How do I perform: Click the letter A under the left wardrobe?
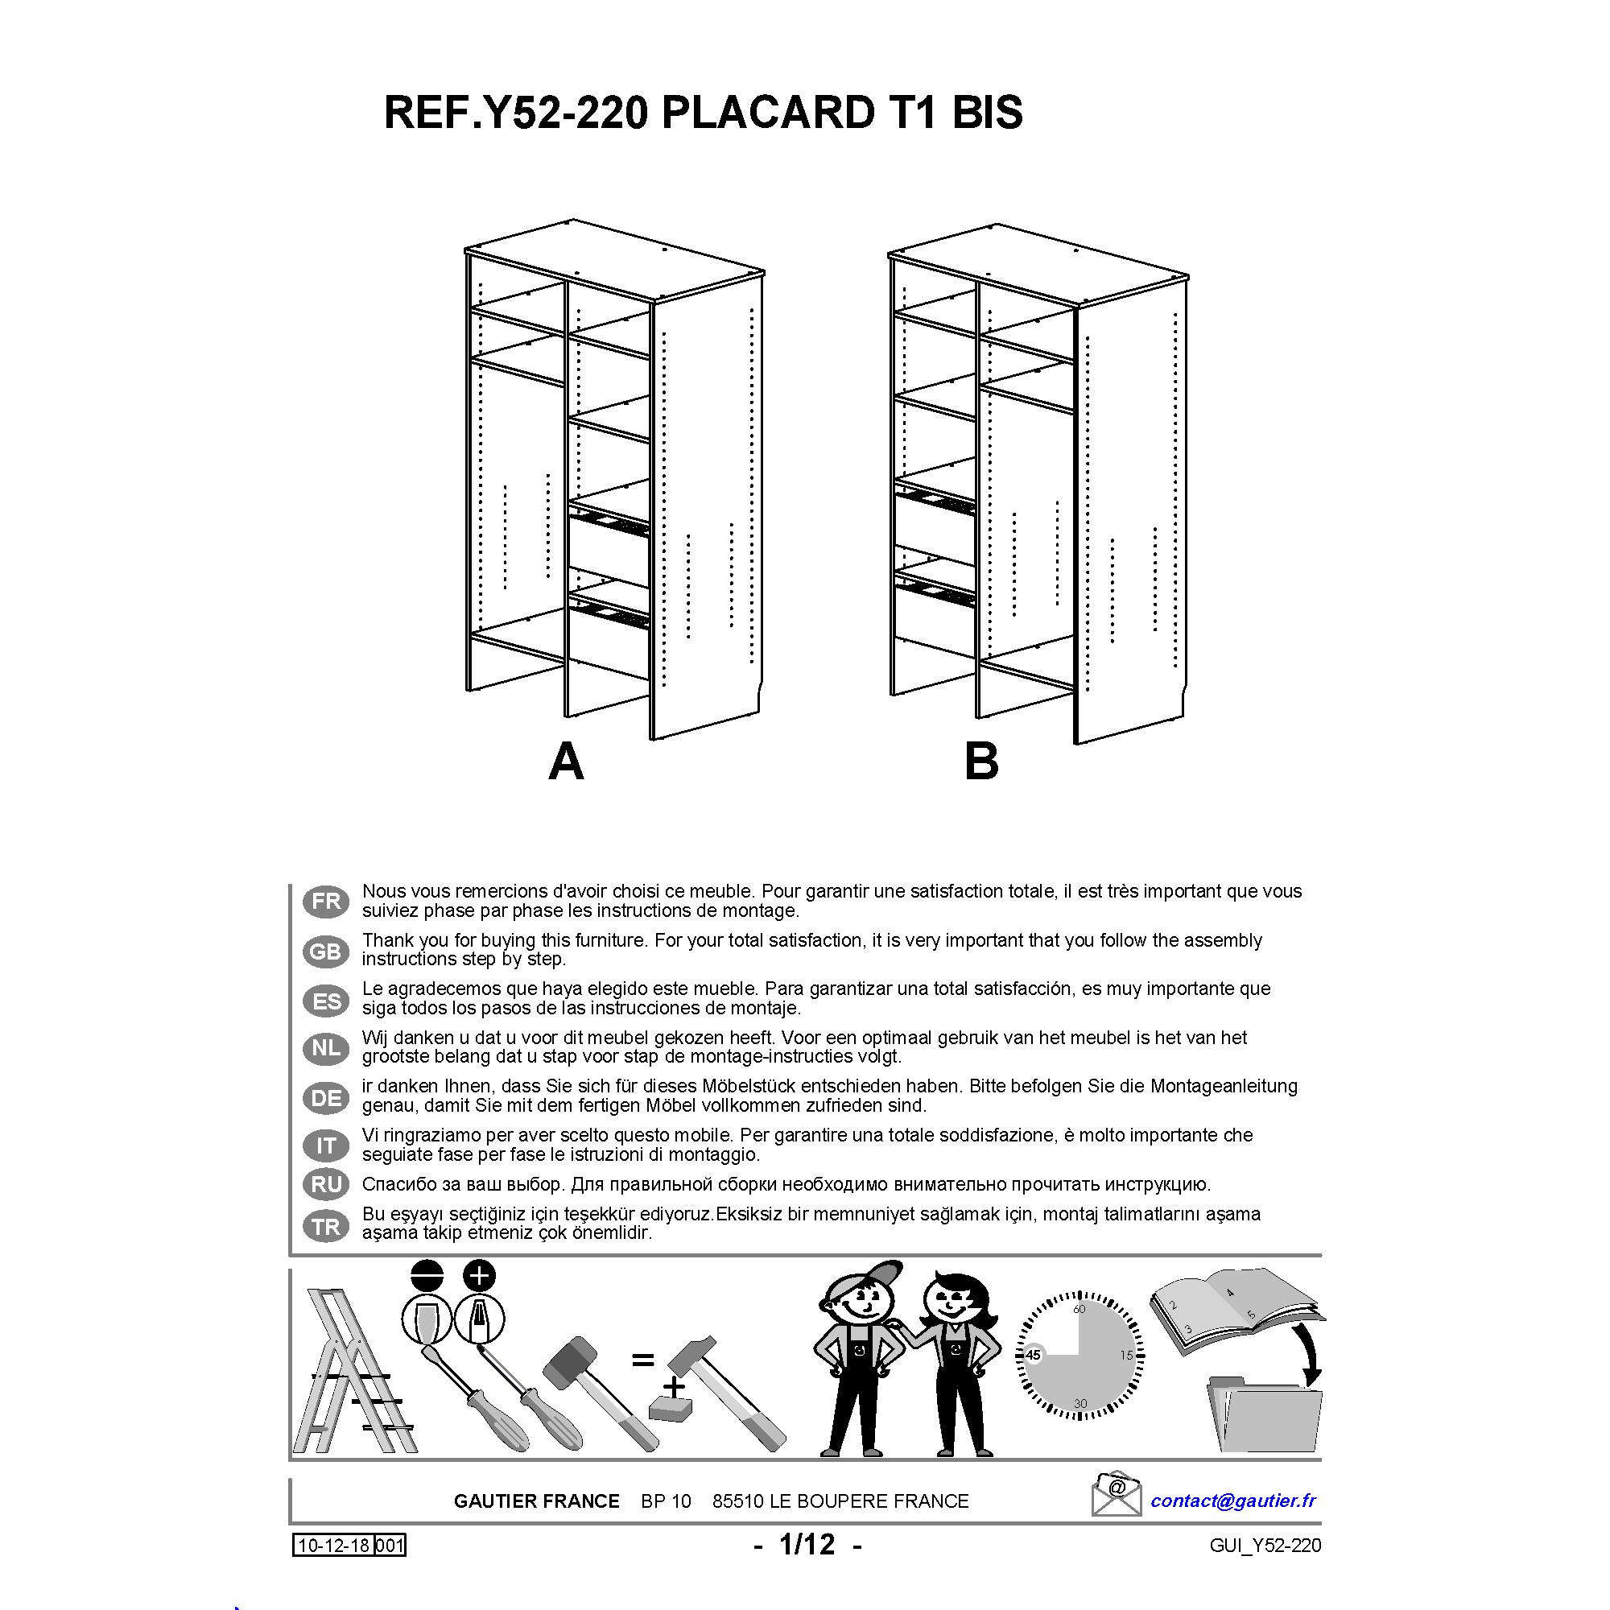tap(566, 762)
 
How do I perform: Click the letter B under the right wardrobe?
tap(980, 762)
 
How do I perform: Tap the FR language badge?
tap(326, 902)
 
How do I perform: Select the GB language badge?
tap(326, 951)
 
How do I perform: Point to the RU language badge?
tap(326, 1184)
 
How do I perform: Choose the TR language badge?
tap(326, 1226)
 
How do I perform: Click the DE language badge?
tap(326, 1097)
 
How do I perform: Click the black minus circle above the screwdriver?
tap(427, 1276)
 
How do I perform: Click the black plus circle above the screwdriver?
tap(478, 1276)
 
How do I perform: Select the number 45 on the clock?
tap(1034, 1356)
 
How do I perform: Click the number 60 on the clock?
tap(1080, 1309)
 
